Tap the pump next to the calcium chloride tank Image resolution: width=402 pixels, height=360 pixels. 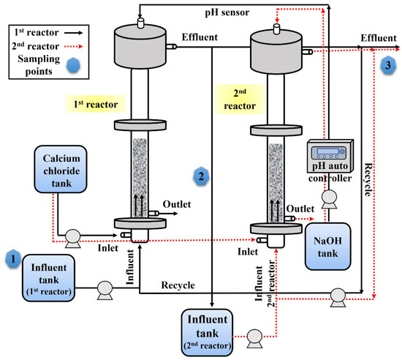tap(72, 236)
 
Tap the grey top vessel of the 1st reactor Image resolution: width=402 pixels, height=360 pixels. tap(139, 45)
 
